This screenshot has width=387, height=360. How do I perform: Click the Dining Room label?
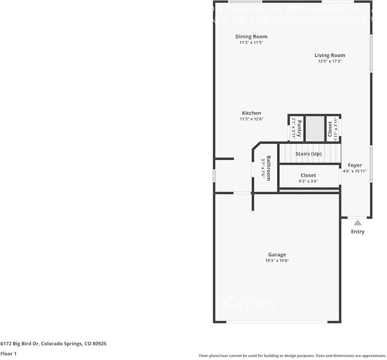[251, 37]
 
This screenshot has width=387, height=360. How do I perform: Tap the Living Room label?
[330, 55]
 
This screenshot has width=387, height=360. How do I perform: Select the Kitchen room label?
[252, 113]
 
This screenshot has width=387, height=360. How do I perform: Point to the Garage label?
[277, 255]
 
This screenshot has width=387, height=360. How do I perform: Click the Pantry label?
[300, 128]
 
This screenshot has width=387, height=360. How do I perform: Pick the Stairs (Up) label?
[308, 154]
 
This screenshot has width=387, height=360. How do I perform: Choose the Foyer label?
[355, 165]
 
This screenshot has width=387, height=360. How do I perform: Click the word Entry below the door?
[358, 232]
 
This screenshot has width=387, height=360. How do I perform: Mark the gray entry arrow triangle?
[358, 222]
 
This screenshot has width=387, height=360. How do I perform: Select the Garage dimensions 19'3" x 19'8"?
[277, 261]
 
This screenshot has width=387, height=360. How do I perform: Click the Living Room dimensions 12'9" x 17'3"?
[330, 61]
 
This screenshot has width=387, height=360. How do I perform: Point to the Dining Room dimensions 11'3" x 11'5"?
[251, 42]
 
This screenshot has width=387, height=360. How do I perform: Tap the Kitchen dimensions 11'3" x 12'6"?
[252, 119]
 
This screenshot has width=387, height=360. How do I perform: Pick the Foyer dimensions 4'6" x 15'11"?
[355, 171]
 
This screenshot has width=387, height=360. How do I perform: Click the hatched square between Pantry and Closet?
[314, 128]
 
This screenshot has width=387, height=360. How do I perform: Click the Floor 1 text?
[8, 354]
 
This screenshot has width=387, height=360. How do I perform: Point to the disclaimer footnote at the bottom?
[292, 356]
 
